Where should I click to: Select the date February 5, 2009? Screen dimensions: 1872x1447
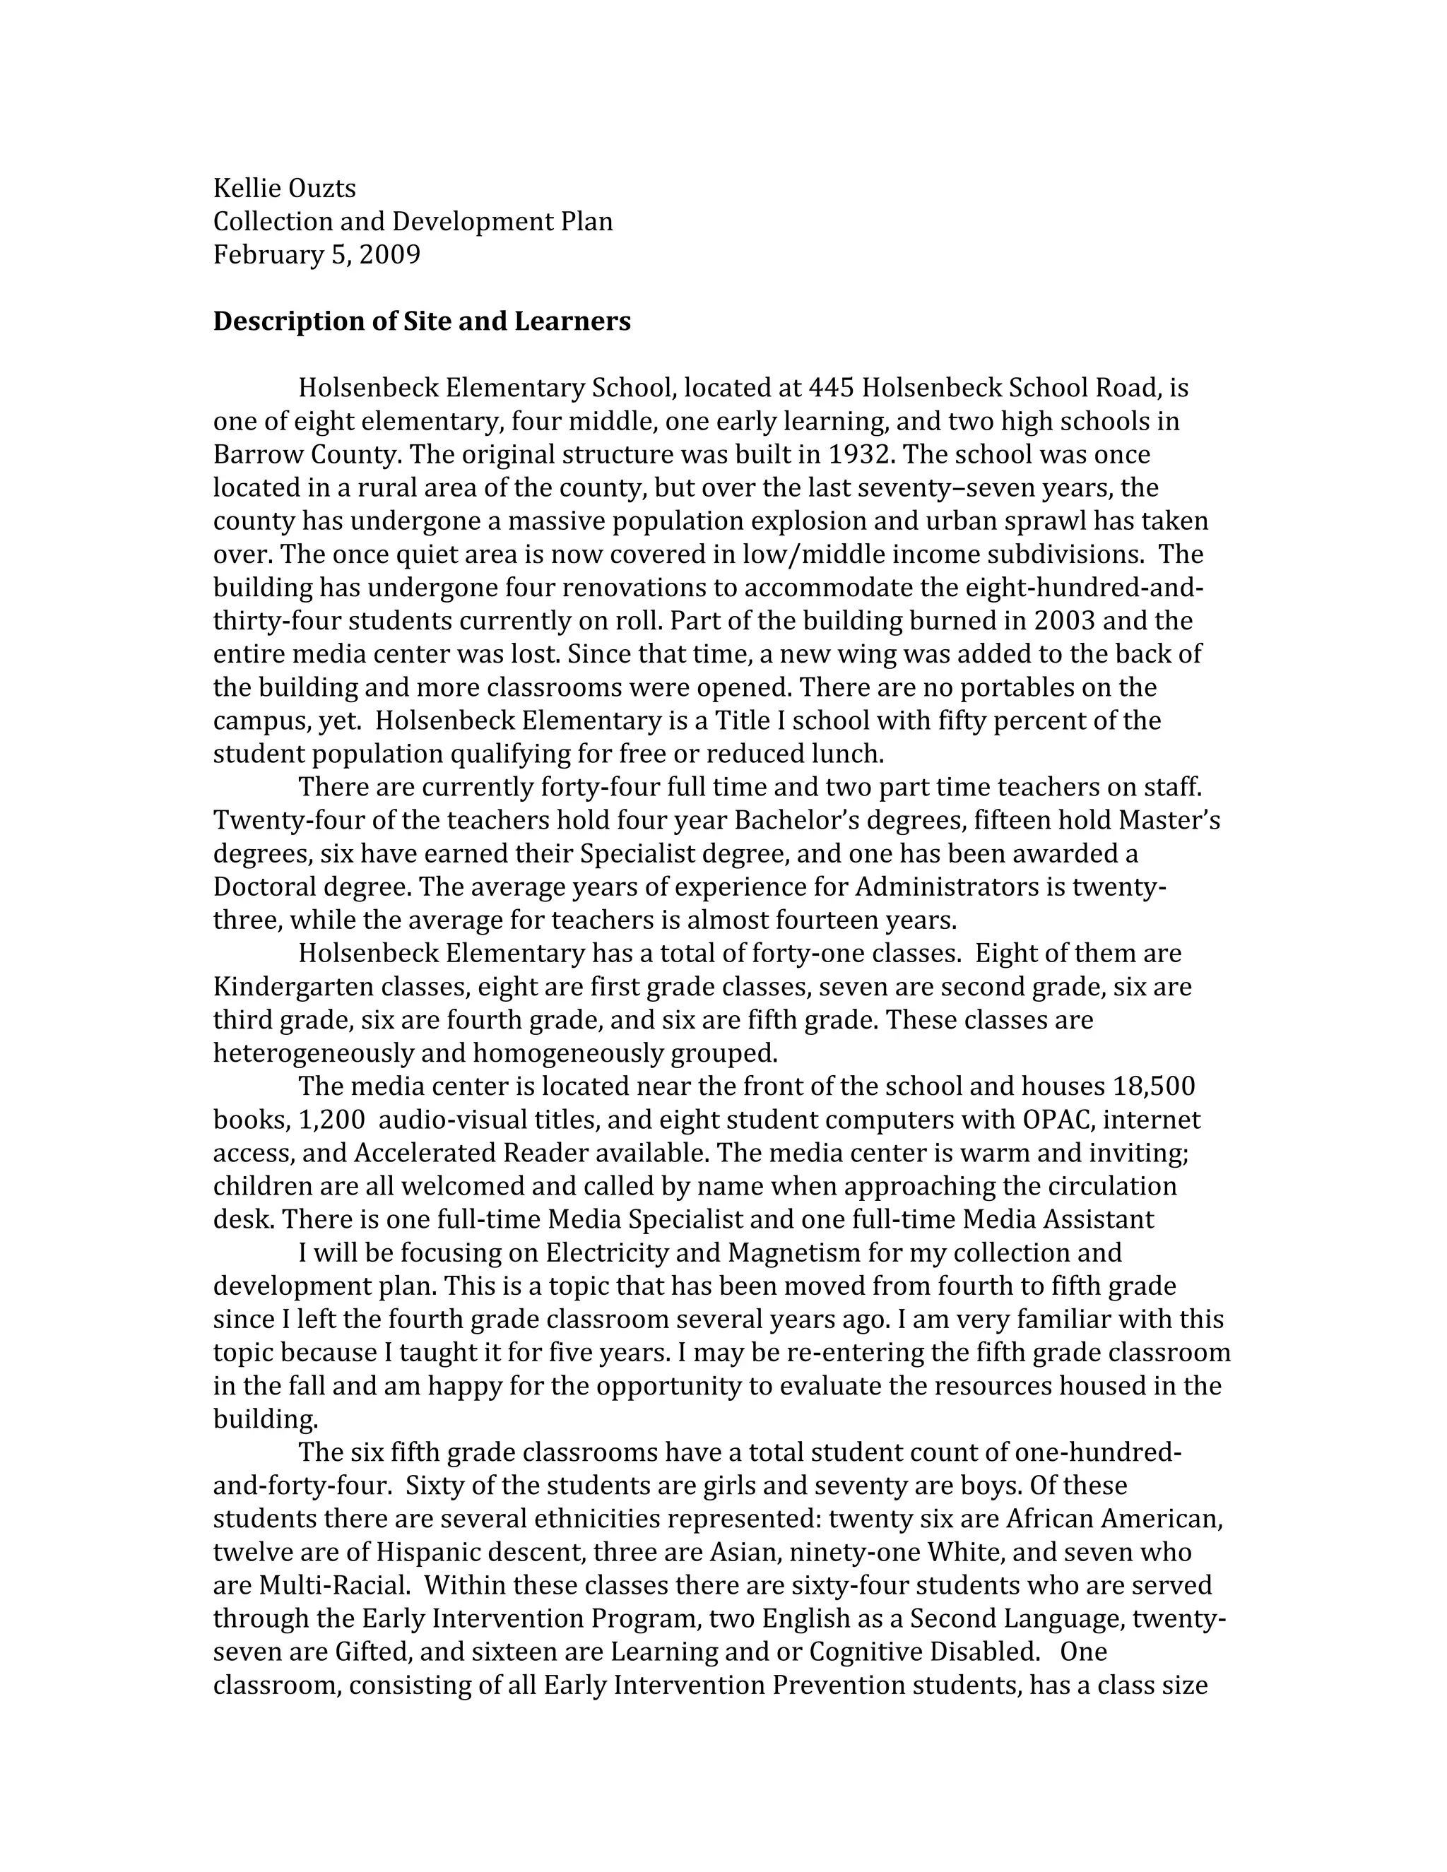pos(317,254)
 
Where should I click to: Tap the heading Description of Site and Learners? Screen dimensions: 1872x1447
pos(422,321)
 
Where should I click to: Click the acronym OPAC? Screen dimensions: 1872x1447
pos(1053,1120)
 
